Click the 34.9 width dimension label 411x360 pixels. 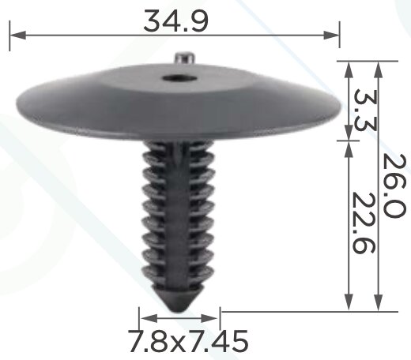point(175,21)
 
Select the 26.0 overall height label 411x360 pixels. point(394,186)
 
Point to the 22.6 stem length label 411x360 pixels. point(364,223)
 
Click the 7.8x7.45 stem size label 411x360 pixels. point(188,341)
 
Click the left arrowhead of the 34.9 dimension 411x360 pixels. point(18,35)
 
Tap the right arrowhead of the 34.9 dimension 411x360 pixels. point(331,35)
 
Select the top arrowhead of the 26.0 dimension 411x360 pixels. point(378,69)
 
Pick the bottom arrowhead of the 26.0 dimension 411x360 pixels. point(378,303)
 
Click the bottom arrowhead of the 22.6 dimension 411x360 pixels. point(349,303)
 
